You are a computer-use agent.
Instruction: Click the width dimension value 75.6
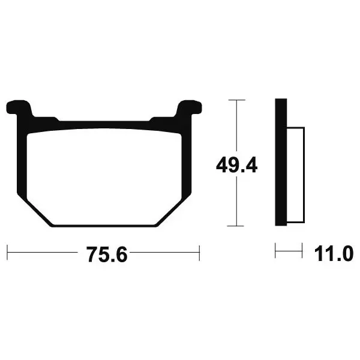[107, 254]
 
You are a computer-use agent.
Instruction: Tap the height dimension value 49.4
[236, 164]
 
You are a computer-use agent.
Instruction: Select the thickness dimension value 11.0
[334, 253]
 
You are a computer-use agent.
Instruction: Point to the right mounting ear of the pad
[190, 107]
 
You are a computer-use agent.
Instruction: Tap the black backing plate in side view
[281, 162]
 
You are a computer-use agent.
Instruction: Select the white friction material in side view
[295, 175]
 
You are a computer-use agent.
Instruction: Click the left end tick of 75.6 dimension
[7, 253]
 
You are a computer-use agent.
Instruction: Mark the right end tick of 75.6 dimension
[199, 253]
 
